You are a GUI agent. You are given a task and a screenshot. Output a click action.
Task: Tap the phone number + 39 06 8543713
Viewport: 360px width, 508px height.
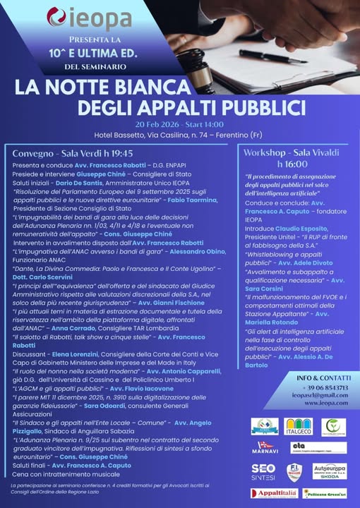306,387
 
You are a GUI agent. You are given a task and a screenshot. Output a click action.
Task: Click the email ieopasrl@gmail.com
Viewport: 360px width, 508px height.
306,395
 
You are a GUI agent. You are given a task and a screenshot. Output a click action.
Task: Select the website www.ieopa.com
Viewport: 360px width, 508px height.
306,404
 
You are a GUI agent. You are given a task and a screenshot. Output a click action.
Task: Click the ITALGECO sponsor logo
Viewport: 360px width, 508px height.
299,427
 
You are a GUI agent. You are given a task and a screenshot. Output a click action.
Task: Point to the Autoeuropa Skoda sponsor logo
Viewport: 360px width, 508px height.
329,471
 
